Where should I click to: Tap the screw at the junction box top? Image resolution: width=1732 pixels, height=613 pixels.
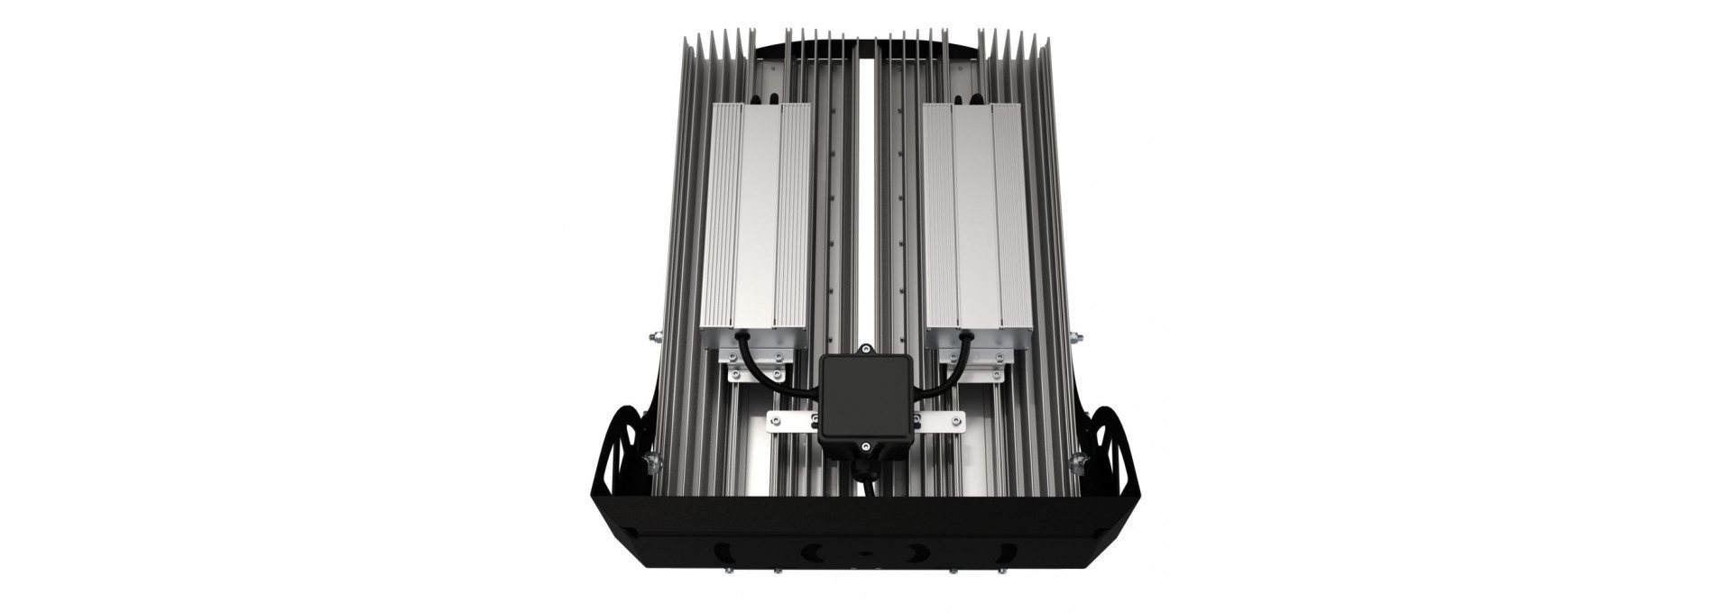tap(865, 347)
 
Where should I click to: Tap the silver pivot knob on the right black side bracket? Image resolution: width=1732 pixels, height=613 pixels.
tap(1074, 461)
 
